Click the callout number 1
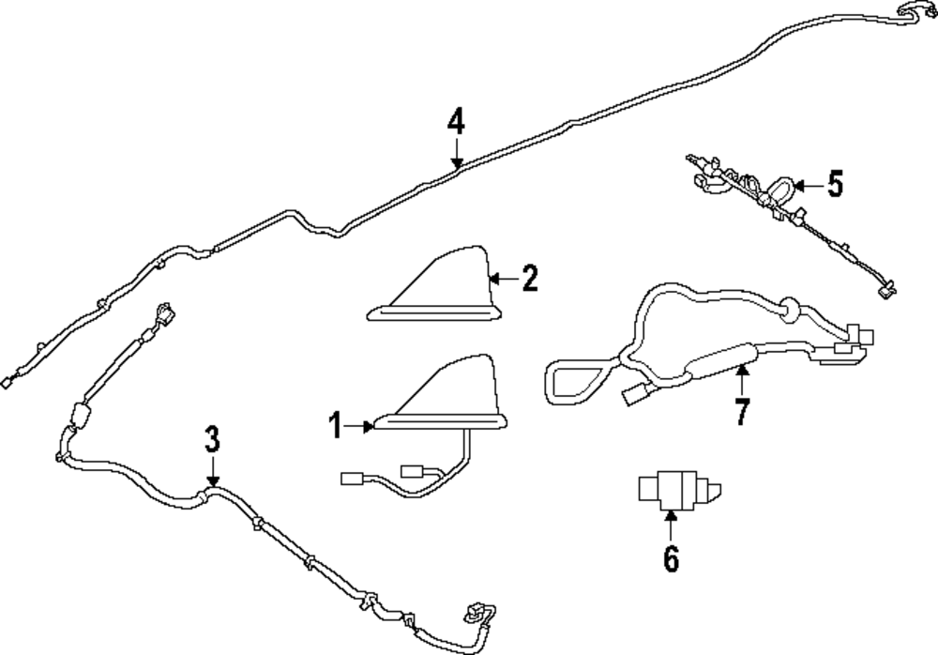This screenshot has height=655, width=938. pyautogui.click(x=336, y=426)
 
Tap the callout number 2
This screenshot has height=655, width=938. pyautogui.click(x=529, y=279)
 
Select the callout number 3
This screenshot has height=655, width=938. pyautogui.click(x=212, y=439)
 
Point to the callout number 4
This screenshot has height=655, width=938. pyautogui.click(x=456, y=121)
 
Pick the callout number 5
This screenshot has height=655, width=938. pyautogui.click(x=835, y=184)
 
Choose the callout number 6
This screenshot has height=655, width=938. pyautogui.click(x=672, y=558)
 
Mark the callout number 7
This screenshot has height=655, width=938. pyautogui.click(x=742, y=411)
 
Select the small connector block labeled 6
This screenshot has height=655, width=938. pyautogui.click(x=680, y=491)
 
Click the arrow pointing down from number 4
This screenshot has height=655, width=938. pyautogui.click(x=457, y=153)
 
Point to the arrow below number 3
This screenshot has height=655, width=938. pyautogui.click(x=212, y=470)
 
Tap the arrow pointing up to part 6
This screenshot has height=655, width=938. pyautogui.click(x=672, y=526)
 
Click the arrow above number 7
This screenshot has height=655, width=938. pyautogui.click(x=742, y=380)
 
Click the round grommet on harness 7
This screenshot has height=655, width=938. pyautogui.click(x=790, y=310)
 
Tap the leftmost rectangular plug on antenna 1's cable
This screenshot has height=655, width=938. pyautogui.click(x=351, y=478)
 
